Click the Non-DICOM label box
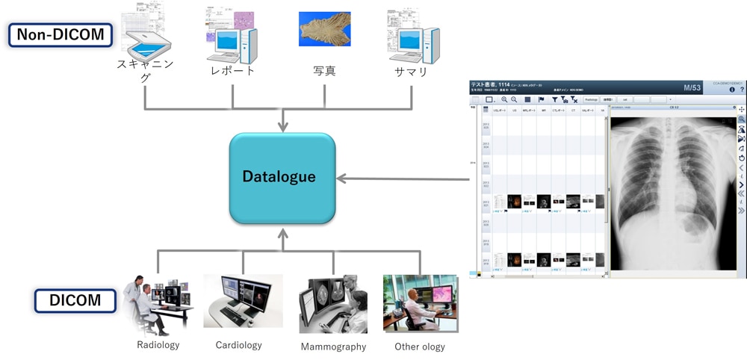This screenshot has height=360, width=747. point(60,35)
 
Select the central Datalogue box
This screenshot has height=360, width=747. point(282,178)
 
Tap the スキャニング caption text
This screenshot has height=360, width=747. point(146,70)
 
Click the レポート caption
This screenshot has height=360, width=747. point(233,71)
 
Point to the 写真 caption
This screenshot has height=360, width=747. point(324,71)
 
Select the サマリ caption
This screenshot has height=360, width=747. point(412,71)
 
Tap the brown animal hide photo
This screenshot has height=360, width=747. point(324,29)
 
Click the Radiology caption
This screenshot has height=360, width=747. point(158,345)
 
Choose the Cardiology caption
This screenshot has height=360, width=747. point(238,345)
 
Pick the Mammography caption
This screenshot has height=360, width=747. point(333,347)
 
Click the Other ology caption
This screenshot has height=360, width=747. point(419,347)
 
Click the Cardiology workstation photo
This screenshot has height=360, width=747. point(243,301)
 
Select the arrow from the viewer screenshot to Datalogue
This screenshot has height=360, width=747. point(403,179)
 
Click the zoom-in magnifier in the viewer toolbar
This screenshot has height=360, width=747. point(504,99)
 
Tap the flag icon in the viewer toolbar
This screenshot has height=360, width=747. point(540,99)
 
